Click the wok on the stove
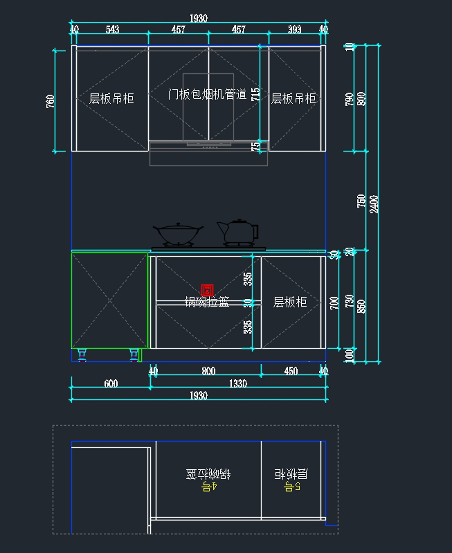(177, 234)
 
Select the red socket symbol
(207, 290)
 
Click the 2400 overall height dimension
(374, 204)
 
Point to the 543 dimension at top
(112, 29)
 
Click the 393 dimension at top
(295, 29)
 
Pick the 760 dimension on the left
(50, 101)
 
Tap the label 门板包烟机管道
(207, 94)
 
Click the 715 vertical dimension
(255, 94)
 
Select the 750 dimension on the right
(361, 201)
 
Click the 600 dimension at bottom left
(111, 383)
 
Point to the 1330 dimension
(238, 383)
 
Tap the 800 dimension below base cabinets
(208, 371)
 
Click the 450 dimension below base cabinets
(291, 371)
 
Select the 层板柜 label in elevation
(290, 302)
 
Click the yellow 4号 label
(209, 486)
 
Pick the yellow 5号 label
(292, 486)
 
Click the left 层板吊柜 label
(111, 99)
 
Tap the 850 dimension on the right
(361, 306)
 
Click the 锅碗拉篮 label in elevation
(207, 302)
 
